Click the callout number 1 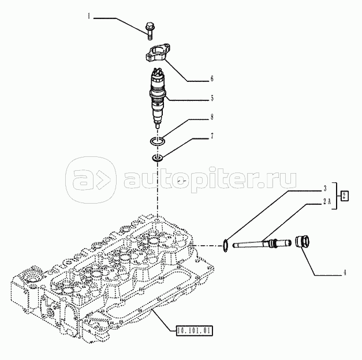[x=89, y=16]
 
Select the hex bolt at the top [x=150, y=31]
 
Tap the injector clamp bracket [x=158, y=52]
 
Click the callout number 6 [x=212, y=78]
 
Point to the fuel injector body [x=158, y=97]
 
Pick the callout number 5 [x=212, y=98]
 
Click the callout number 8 [x=212, y=117]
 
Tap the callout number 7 [x=212, y=136]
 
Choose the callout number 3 [x=325, y=188]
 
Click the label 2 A [x=327, y=201]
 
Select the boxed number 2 [x=344, y=196]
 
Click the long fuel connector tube [x=262, y=243]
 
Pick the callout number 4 [x=345, y=273]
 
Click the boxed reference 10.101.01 [x=194, y=331]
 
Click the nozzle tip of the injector [x=158, y=126]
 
